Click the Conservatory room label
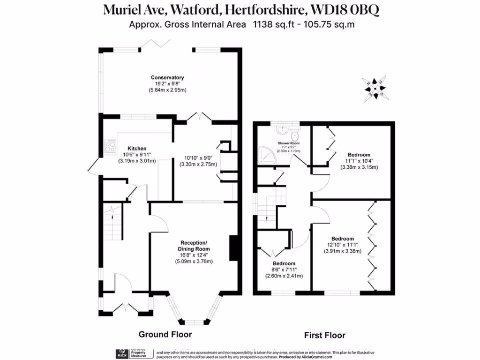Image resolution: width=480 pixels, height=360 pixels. [x=167, y=77]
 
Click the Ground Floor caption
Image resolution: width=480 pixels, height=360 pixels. [x=165, y=334]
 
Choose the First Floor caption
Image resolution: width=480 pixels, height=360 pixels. [x=324, y=335]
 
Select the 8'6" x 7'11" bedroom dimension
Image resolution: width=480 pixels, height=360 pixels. [x=284, y=270]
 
